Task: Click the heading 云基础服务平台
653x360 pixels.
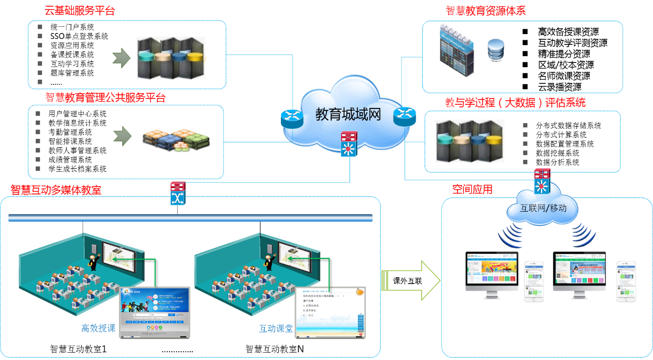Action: (80, 11)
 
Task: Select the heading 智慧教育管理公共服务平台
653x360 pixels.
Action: (105, 97)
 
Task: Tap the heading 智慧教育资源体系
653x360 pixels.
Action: (486, 11)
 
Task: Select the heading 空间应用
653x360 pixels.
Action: (472, 189)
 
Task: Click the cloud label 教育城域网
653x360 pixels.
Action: (348, 115)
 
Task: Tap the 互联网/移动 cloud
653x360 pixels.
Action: (543, 208)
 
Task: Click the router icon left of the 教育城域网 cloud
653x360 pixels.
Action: (289, 118)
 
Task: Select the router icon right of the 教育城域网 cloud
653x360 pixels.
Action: (405, 116)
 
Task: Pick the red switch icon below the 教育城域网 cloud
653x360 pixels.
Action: (349, 144)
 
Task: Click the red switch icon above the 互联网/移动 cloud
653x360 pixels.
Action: (542, 181)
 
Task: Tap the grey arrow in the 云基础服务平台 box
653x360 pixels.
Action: (122, 58)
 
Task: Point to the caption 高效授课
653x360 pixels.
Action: (99, 329)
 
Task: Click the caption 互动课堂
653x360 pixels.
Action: (276, 329)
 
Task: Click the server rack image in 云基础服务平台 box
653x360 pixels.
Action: (171, 58)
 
